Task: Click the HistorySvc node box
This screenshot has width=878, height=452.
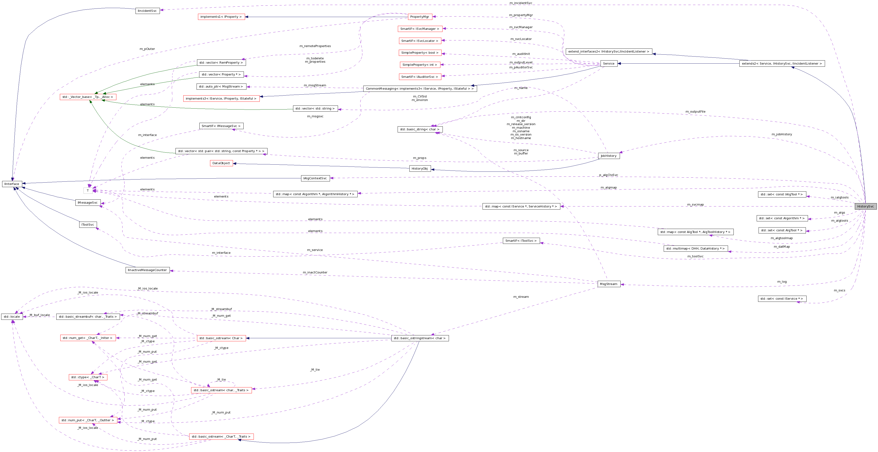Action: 865,206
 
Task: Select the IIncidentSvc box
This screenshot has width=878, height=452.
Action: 147,11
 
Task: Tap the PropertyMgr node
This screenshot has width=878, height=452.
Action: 420,17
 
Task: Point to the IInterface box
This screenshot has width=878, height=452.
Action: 12,184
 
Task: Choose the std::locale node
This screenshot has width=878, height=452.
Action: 12,317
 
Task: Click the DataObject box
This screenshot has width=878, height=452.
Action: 221,163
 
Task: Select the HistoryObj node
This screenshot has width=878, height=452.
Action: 420,168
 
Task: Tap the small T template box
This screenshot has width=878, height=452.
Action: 88,191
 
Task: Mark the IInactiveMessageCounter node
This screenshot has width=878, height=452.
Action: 147,270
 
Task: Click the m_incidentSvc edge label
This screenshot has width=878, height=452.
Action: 521,3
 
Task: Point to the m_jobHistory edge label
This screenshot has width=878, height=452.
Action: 781,134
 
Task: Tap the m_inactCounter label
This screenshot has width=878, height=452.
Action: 315,272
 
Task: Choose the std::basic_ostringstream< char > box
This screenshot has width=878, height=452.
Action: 420,338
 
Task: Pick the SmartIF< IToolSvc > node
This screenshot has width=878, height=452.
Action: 521,241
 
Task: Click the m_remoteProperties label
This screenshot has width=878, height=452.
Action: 315,46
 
